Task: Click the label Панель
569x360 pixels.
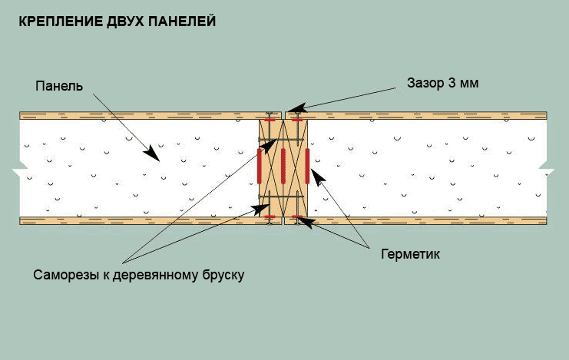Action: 59,86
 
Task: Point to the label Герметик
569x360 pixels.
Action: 410,254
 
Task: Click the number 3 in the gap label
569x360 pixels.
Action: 452,83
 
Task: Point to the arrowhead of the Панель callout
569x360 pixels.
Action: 152,154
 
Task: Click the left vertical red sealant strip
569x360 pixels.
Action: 260,166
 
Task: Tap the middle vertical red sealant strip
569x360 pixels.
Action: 283,166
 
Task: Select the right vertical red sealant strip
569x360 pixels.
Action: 307,166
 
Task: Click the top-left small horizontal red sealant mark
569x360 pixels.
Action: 270,120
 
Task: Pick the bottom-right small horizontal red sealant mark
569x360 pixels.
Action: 297,216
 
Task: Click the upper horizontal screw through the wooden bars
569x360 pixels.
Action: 280,140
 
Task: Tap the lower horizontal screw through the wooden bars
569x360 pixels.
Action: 280,197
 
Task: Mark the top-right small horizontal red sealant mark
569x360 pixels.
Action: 297,120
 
